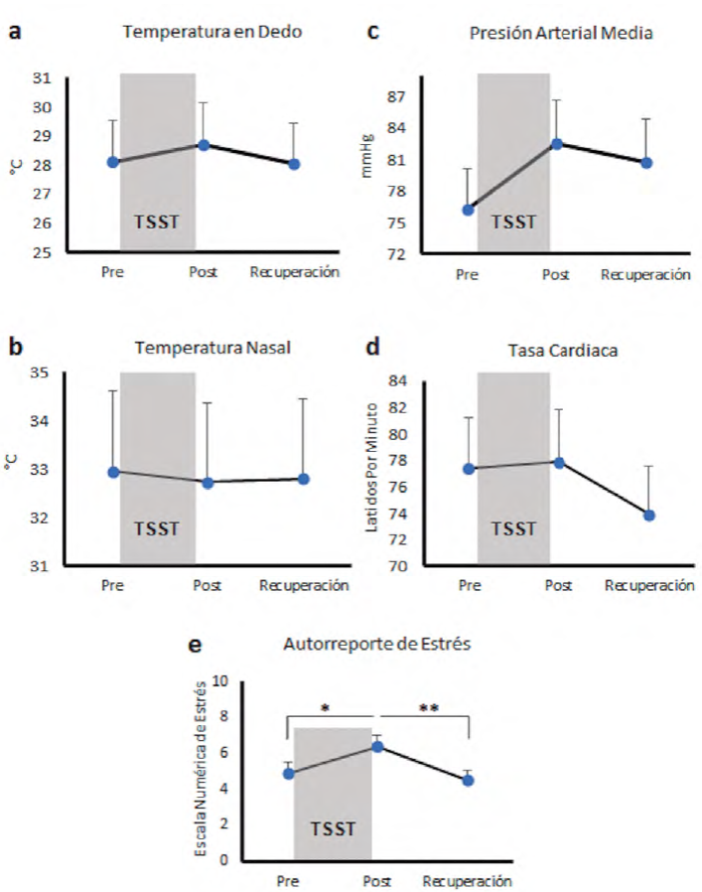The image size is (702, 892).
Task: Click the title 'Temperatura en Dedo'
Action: (212, 32)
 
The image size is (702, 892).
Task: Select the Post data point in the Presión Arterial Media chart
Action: (556, 143)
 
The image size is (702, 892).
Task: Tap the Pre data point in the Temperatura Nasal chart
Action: (113, 472)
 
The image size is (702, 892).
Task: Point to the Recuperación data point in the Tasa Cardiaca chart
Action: (649, 515)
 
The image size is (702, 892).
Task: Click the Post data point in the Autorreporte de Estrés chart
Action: (377, 746)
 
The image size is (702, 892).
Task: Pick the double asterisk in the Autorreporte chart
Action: (429, 709)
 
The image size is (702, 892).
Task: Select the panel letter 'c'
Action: (373, 31)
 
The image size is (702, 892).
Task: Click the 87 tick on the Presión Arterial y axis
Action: (398, 97)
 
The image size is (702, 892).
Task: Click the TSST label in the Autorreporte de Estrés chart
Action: (331, 827)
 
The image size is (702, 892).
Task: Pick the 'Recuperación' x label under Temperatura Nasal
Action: (303, 585)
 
